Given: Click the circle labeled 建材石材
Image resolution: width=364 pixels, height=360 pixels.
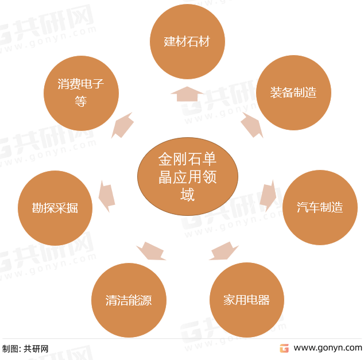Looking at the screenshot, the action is pyautogui.click(x=187, y=41).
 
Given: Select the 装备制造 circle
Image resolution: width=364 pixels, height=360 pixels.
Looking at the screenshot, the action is pyautogui.click(x=293, y=92).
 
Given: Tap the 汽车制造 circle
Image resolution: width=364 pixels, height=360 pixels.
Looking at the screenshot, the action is pyautogui.click(x=320, y=207).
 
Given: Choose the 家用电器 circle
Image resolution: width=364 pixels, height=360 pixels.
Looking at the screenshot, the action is pyautogui.click(x=247, y=300).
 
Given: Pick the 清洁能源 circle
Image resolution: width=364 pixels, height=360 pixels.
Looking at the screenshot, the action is pyautogui.click(x=129, y=300).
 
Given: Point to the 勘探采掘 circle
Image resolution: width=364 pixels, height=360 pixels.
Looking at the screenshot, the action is pyautogui.click(x=55, y=208).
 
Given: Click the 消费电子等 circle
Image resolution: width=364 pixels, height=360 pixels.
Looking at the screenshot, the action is pyautogui.click(x=82, y=93).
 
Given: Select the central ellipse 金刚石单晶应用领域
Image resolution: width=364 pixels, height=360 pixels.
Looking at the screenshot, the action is pyautogui.click(x=188, y=176).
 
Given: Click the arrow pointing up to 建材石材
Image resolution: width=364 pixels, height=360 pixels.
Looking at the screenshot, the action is pyautogui.click(x=187, y=94).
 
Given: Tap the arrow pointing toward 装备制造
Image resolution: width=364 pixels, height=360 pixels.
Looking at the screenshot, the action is pyautogui.click(x=252, y=125).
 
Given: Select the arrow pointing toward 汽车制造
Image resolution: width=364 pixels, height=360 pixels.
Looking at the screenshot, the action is pyautogui.click(x=268, y=196).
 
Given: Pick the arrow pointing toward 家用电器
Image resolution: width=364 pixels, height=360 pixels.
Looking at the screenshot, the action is pyautogui.click(x=223, y=251).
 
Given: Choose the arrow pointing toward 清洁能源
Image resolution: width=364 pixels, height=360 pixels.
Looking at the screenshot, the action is pyautogui.click(x=151, y=251).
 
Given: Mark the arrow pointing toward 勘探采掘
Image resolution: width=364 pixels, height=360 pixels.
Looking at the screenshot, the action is pyautogui.click(x=107, y=196).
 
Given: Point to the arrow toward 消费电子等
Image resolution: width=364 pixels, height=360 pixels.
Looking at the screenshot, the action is pyautogui.click(x=122, y=125).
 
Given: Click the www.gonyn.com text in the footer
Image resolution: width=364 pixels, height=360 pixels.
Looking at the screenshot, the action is pyautogui.click(x=328, y=348).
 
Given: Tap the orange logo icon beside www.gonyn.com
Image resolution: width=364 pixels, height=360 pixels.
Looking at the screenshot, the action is pyautogui.click(x=284, y=348).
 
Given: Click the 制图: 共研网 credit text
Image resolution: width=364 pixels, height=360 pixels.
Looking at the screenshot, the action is pyautogui.click(x=25, y=349).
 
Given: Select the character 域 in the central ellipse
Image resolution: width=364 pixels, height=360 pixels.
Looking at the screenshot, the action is pyautogui.click(x=187, y=195).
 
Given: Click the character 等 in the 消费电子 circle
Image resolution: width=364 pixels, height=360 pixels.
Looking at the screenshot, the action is pyautogui.click(x=81, y=102).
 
